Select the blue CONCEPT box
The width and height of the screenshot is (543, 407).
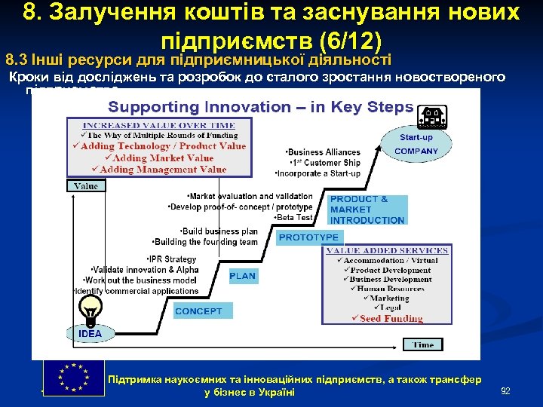coord(198,311)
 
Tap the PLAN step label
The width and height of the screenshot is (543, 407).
coord(243,276)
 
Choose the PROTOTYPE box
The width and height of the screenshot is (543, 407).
coord(308,237)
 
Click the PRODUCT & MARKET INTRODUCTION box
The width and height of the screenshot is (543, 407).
coord(368,210)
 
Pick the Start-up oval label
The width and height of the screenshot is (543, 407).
coord(416,137)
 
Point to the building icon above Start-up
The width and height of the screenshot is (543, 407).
coord(432,116)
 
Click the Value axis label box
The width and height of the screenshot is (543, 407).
coord(86,185)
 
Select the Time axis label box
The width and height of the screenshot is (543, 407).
coord(423,345)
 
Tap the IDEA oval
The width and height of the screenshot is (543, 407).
coord(90,333)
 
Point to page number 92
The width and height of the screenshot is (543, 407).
coord(505,390)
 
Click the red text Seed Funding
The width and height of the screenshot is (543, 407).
coord(391,319)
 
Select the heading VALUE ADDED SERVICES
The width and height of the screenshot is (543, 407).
coord(386,251)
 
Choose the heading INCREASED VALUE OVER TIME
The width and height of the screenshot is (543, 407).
coord(158,125)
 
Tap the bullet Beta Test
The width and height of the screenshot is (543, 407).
coord(293,217)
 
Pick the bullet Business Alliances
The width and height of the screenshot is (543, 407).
coord(324,152)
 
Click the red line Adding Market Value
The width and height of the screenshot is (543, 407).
coord(158,158)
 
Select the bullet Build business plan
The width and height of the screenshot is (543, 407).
coord(218,231)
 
